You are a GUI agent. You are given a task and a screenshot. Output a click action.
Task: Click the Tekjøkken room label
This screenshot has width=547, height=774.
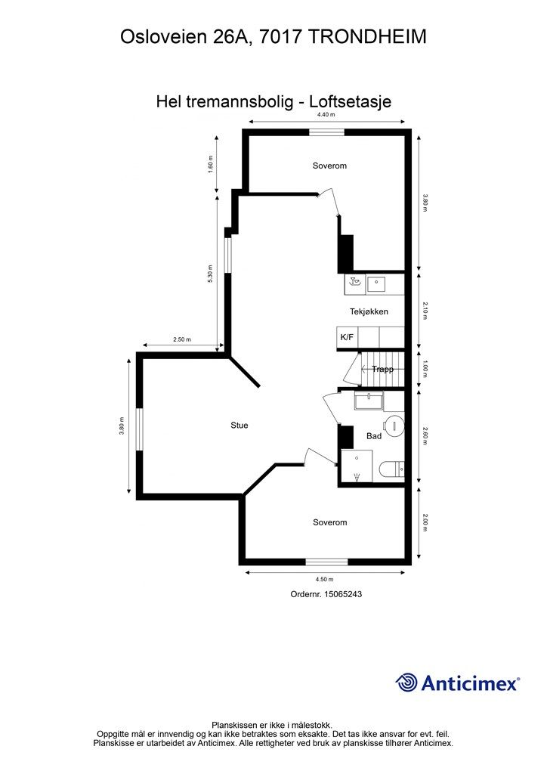[x=369, y=311]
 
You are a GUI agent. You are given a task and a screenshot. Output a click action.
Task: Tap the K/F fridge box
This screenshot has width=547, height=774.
[x=347, y=337]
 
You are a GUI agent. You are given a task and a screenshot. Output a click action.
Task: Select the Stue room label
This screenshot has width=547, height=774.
[x=239, y=426]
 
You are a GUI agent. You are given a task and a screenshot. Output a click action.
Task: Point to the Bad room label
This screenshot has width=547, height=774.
[x=373, y=436]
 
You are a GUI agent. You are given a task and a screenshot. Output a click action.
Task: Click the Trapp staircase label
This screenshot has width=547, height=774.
[x=382, y=370]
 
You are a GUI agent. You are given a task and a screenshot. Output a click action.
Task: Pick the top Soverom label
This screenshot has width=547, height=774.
[x=329, y=166]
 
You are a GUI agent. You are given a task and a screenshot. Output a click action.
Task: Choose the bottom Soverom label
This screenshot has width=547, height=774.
[x=329, y=522]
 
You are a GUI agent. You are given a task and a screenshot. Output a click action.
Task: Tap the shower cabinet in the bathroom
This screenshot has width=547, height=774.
[x=356, y=465]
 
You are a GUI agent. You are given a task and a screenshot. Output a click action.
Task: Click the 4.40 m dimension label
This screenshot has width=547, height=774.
[x=326, y=115]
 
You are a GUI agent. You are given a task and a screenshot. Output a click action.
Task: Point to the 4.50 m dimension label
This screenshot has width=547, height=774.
[x=325, y=579]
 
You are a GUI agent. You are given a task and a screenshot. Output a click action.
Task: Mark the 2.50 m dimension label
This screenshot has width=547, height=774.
[x=182, y=340]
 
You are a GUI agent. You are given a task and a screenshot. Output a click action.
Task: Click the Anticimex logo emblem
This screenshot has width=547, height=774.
[x=406, y=683]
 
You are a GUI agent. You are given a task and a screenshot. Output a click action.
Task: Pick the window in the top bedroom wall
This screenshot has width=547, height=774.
[x=326, y=132]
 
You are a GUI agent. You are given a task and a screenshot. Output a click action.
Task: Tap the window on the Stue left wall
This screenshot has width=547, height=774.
[x=139, y=429]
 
